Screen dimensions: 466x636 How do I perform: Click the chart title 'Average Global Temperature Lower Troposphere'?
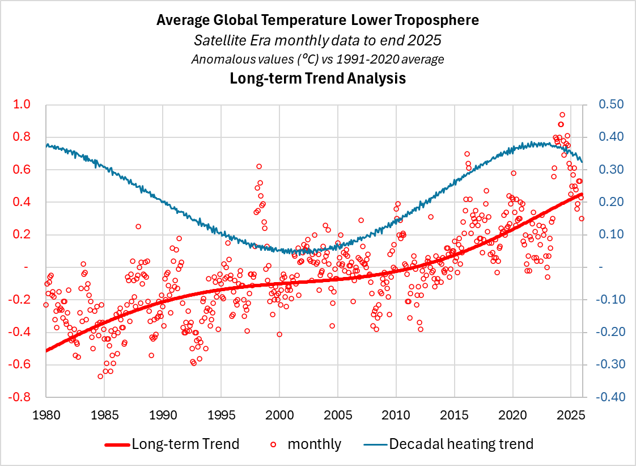317,20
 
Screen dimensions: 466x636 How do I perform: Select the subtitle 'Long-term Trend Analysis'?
317,78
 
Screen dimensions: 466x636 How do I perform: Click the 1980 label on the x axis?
46,415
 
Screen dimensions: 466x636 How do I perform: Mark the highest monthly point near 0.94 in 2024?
562,115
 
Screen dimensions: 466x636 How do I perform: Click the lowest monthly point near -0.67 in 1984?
100,376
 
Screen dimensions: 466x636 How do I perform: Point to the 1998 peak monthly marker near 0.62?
259,166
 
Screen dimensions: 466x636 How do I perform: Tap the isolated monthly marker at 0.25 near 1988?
138,226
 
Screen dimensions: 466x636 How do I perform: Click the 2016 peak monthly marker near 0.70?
467,154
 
